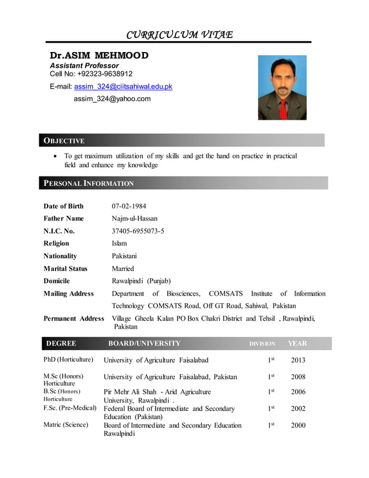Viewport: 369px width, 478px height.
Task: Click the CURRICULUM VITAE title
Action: point(180,34)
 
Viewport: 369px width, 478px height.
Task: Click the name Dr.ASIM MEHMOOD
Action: point(99,56)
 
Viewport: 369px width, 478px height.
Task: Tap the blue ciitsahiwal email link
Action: point(123,87)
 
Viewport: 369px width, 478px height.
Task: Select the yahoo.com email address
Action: point(112,99)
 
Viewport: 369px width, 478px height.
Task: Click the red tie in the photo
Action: point(283,109)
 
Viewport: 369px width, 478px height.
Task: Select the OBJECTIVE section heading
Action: point(64,141)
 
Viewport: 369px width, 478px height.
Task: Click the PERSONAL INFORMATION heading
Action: point(89,183)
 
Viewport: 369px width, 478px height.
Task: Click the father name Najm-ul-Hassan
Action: point(134,219)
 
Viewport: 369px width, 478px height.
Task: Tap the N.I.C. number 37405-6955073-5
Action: point(138,231)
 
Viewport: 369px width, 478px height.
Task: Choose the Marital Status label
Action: point(65,269)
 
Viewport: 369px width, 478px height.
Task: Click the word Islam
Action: point(119,244)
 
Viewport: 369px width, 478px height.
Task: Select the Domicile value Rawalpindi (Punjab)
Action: point(141,281)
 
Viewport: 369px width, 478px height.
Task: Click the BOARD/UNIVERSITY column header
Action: point(144,343)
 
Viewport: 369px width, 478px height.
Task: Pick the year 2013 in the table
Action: point(298,361)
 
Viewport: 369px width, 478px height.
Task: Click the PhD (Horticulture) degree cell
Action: point(68,360)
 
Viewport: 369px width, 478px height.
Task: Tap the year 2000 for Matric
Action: point(298,425)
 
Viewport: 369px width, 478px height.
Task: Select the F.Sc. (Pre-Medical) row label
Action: point(70,409)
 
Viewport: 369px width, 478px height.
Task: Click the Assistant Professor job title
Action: point(84,65)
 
